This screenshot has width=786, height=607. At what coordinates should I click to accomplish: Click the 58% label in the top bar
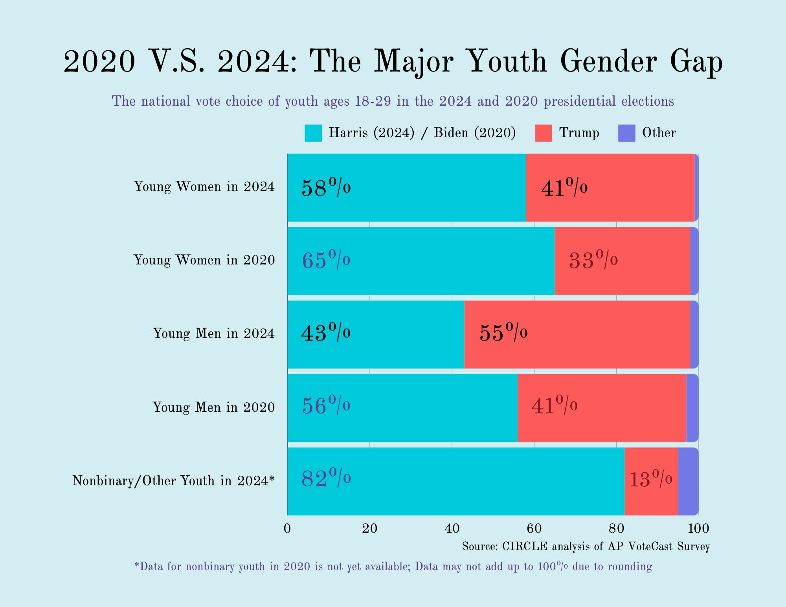326,187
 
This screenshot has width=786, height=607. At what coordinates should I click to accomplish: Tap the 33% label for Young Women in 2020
593,260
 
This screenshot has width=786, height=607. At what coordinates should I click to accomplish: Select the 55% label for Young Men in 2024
503,332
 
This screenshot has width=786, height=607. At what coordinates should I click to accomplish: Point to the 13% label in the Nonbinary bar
651,479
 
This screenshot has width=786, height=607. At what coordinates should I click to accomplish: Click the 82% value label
326,478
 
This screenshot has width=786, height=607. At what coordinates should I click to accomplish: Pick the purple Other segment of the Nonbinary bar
688,481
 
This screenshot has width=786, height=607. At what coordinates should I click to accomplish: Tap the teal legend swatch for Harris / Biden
313,133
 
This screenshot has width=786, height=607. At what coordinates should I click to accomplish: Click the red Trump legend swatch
543,133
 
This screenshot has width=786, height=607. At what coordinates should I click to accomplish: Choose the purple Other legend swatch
626,133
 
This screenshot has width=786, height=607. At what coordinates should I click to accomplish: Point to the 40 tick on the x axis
452,529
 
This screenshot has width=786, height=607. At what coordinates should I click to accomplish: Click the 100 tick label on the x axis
698,529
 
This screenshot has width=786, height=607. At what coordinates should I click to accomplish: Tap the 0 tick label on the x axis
287,529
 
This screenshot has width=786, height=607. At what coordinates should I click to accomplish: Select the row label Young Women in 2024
204,186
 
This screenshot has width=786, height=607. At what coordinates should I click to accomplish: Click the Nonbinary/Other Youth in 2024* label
173,480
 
